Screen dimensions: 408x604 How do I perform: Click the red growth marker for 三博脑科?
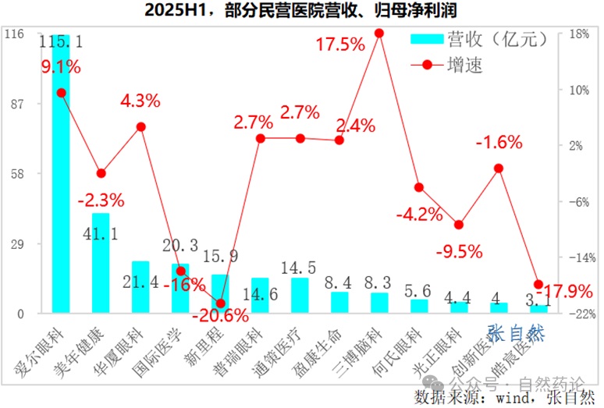pos(379,33)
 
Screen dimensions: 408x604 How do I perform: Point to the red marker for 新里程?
pos(220,303)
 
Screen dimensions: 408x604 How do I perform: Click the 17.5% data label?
pos(340,44)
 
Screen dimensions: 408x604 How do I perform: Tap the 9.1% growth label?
pos(61,67)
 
